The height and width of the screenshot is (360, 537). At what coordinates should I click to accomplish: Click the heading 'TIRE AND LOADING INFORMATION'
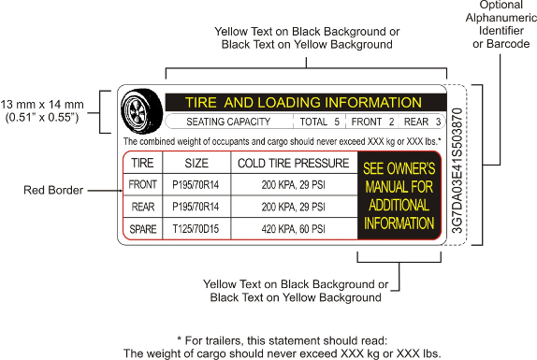[x=304, y=102]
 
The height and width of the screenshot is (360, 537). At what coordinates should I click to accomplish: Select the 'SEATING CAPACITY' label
[x=228, y=122]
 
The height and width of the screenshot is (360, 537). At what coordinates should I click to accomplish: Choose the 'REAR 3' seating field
[x=422, y=122]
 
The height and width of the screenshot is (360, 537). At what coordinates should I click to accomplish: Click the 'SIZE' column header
[x=196, y=163]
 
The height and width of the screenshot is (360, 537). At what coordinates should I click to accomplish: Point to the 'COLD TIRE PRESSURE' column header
[x=293, y=163]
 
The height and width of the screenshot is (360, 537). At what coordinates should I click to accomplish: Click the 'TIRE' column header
[x=143, y=163]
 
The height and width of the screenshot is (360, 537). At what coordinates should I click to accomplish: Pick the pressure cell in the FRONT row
[x=293, y=184]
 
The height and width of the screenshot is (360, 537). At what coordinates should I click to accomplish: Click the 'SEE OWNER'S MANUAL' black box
[x=399, y=195]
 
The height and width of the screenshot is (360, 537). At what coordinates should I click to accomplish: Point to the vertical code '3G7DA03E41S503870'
[x=457, y=170]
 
